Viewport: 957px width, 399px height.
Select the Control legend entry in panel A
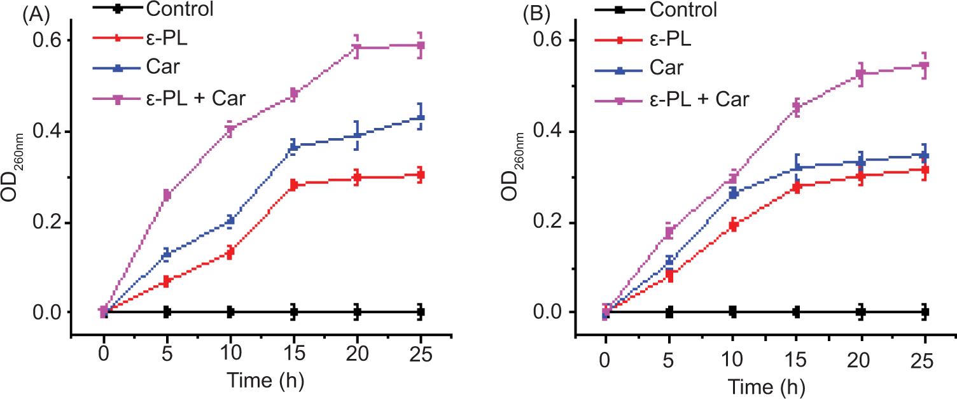[178, 9]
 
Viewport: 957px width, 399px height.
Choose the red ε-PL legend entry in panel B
[671, 39]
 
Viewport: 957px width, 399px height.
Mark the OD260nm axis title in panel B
[515, 167]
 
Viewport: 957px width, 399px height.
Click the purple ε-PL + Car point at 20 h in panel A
[357, 48]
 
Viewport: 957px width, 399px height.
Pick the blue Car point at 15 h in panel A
[293, 146]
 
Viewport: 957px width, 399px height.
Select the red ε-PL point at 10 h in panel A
[230, 252]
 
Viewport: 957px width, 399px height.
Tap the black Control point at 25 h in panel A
[420, 312]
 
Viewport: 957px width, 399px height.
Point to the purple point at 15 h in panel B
[796, 107]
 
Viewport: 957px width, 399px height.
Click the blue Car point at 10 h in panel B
[732, 193]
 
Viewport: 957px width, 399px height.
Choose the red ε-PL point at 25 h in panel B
[924, 170]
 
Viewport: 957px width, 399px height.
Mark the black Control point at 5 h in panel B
[669, 312]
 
